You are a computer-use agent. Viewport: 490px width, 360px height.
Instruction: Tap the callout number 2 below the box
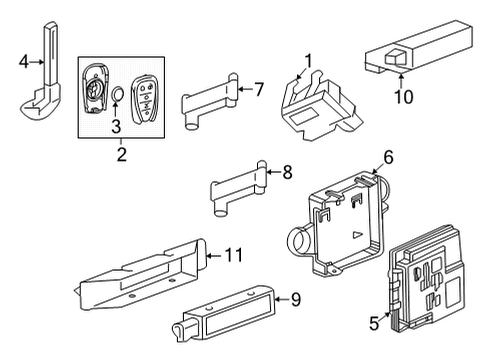(x=121, y=155)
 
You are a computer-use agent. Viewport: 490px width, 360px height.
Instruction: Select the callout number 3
(x=115, y=125)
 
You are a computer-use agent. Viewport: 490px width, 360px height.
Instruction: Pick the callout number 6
(x=388, y=156)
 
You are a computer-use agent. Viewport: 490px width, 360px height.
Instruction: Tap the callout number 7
(x=258, y=89)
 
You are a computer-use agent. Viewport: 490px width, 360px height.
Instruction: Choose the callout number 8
(x=286, y=173)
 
